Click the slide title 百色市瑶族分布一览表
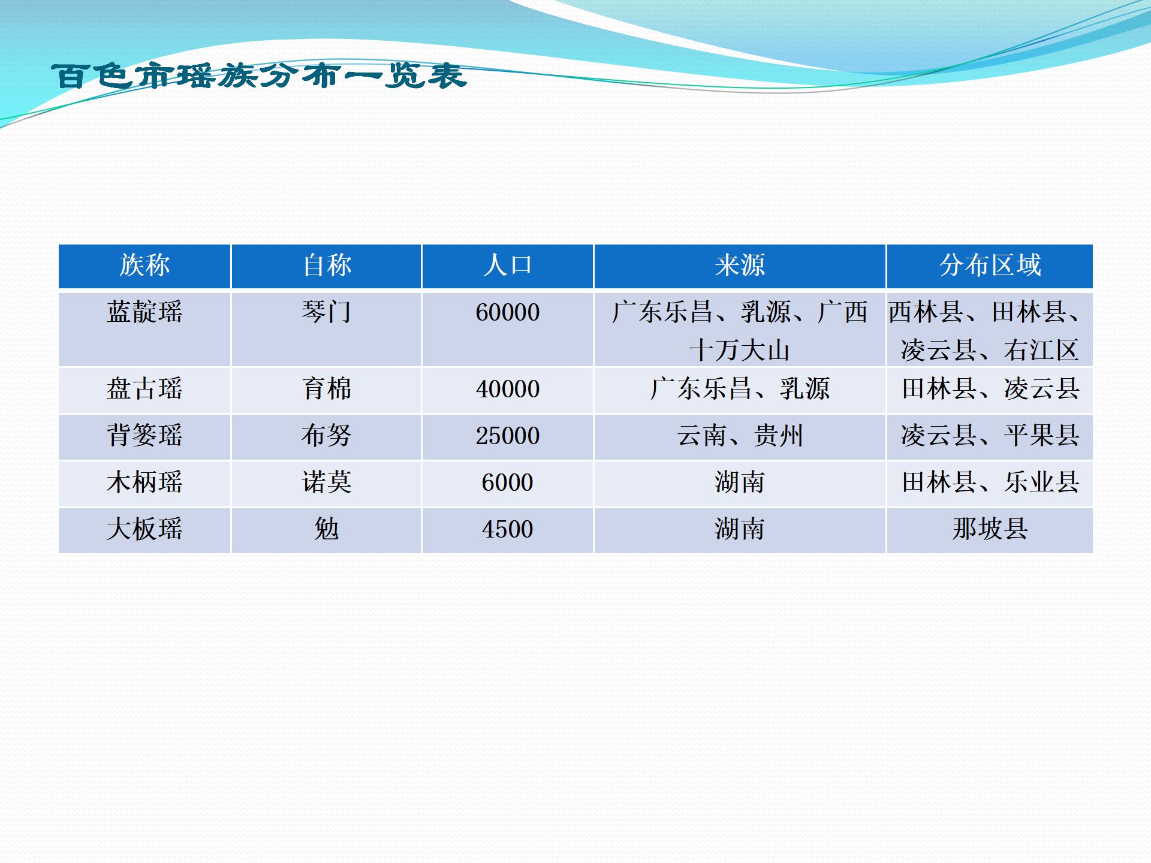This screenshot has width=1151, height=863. [259, 76]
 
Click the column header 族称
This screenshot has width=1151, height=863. [144, 265]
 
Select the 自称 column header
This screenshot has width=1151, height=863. [327, 265]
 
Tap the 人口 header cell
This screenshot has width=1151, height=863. [508, 265]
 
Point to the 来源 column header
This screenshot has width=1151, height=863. [740, 265]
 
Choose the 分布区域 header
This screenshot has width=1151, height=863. [990, 265]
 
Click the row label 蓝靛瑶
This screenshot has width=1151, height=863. [144, 312]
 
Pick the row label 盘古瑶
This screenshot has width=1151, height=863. [144, 389]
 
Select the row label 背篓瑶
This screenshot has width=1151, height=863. [144, 436]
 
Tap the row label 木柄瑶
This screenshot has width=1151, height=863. [144, 482]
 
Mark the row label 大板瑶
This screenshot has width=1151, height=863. [144, 529]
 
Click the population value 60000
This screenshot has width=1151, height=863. [508, 313]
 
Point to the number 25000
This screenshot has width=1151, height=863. [508, 436]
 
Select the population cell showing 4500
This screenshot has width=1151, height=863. [508, 530]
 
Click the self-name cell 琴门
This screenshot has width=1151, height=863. [327, 312]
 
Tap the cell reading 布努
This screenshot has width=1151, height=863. [327, 436]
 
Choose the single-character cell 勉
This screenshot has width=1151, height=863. [327, 529]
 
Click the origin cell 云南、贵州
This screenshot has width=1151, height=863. [740, 436]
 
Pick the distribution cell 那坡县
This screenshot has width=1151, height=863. [990, 529]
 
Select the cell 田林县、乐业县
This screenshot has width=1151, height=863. [990, 482]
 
